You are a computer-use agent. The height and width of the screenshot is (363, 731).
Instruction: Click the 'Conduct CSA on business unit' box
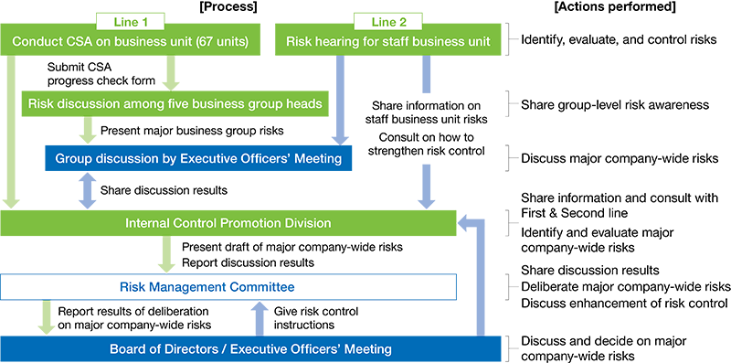[129, 40]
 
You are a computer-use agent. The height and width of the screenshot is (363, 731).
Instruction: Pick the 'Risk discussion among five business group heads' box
[175, 103]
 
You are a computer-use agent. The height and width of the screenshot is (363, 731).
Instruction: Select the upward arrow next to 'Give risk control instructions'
[259, 318]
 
